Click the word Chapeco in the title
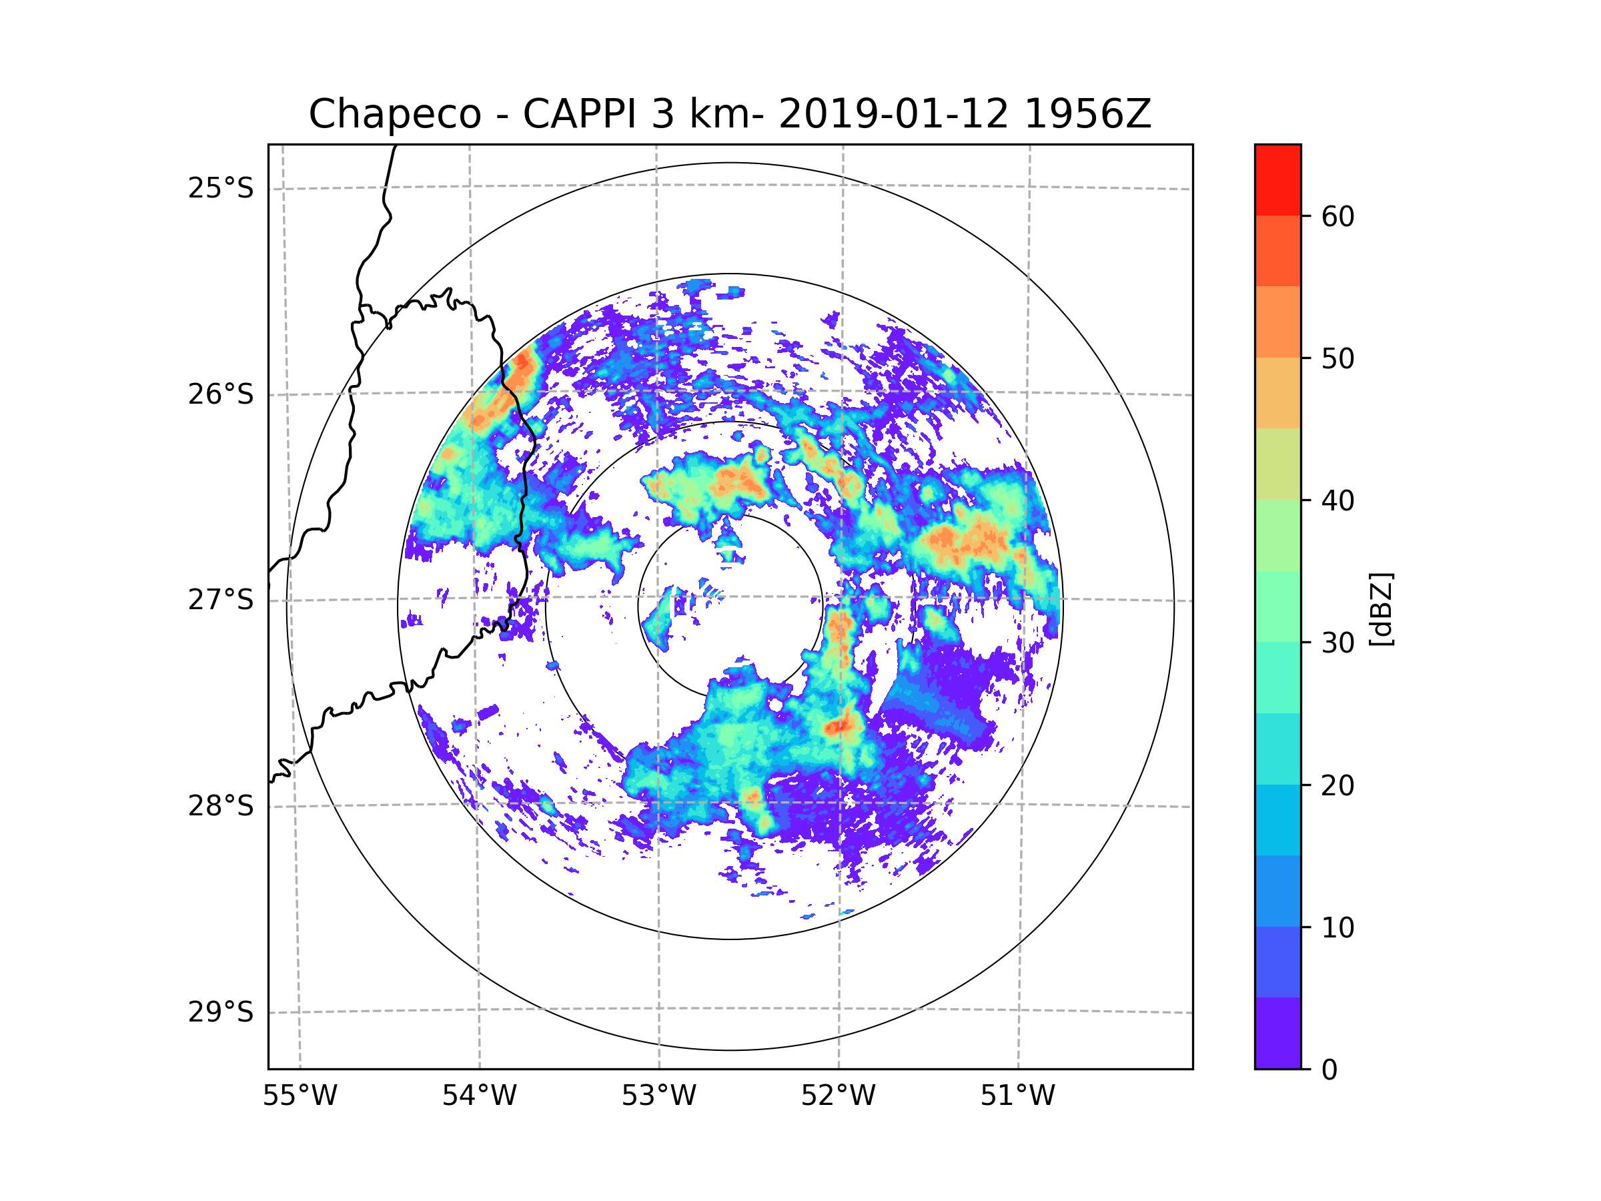click(x=394, y=114)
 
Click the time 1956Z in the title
click(x=1087, y=114)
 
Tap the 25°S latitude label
click(x=221, y=188)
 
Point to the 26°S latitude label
click(x=221, y=394)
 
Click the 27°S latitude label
click(x=221, y=600)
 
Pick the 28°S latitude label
click(x=221, y=806)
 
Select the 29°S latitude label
click(x=221, y=1012)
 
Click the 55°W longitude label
click(x=300, y=1096)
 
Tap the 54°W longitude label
click(x=479, y=1096)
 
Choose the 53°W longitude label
click(x=658, y=1096)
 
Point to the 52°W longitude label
click(x=838, y=1096)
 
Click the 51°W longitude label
click(x=1017, y=1096)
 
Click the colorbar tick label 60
click(x=1338, y=216)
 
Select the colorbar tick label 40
click(x=1338, y=500)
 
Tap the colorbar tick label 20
click(x=1338, y=785)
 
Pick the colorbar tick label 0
click(x=1329, y=1070)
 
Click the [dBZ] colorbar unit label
click(x=1381, y=609)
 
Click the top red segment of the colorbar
click(x=1277, y=179)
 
